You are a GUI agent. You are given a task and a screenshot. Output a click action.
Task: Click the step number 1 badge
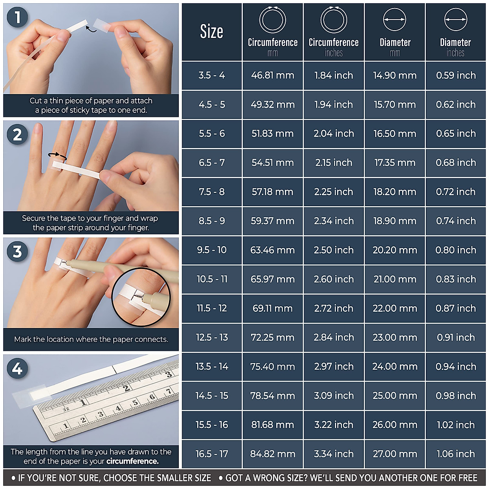click(x=17, y=18)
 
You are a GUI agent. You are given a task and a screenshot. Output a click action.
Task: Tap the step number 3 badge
click(x=17, y=251)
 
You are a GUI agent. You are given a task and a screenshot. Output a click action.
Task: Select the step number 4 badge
click(x=17, y=369)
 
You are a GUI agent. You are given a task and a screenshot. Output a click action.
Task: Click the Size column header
click(x=211, y=32)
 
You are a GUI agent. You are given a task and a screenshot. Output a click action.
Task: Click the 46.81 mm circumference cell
click(x=272, y=75)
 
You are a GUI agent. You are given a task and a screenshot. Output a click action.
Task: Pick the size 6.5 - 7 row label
click(x=211, y=163)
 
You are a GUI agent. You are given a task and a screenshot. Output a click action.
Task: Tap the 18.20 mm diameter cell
click(x=394, y=192)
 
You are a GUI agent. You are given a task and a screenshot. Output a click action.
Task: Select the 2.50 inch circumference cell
click(x=333, y=250)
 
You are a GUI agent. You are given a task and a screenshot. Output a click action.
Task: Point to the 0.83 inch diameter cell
click(x=456, y=279)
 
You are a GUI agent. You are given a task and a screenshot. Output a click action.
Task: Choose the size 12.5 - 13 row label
click(x=211, y=337)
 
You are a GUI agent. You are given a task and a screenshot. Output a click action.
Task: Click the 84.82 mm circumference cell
click(x=272, y=454)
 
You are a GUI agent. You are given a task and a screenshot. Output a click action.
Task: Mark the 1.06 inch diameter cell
click(x=456, y=454)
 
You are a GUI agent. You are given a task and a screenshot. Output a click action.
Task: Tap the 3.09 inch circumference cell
click(x=333, y=396)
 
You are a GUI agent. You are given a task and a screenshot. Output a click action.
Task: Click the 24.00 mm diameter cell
click(x=394, y=366)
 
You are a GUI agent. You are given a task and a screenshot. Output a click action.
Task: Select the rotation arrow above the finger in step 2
click(x=57, y=155)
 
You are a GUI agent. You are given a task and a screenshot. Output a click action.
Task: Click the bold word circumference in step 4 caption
click(x=132, y=461)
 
